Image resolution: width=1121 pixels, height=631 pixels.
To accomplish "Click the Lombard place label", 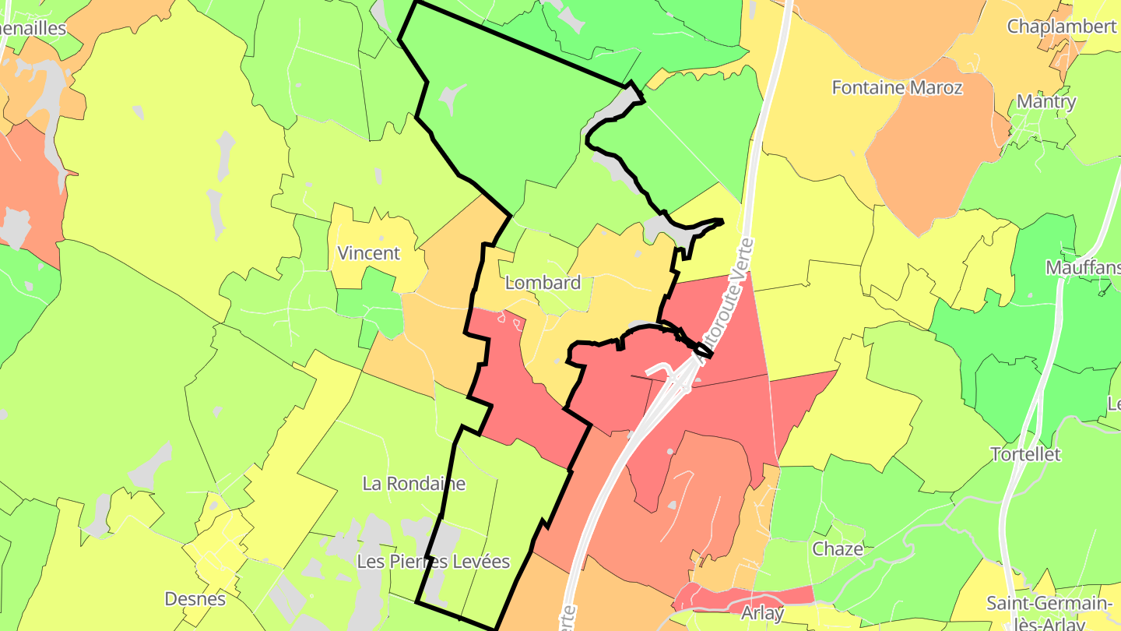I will click(x=543, y=283).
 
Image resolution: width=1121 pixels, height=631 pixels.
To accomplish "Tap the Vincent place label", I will click(x=368, y=253).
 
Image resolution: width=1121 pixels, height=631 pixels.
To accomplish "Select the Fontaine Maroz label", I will click(x=897, y=87).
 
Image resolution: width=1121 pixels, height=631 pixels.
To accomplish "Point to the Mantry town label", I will click(x=1046, y=101).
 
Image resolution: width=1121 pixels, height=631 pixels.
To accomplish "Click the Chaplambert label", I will click(x=1062, y=26).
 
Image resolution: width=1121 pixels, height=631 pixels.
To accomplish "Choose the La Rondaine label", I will click(x=413, y=484).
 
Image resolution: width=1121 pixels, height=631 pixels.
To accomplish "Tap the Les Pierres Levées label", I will click(x=433, y=562).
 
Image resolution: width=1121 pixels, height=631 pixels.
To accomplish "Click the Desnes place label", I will click(x=195, y=599).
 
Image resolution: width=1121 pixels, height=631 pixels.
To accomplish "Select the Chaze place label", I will click(x=838, y=549).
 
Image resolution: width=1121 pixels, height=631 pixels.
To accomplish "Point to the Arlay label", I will click(x=762, y=613).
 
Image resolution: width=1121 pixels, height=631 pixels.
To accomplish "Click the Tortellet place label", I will click(x=1025, y=454).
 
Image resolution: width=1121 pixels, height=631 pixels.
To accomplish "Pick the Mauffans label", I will click(x=1082, y=268).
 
